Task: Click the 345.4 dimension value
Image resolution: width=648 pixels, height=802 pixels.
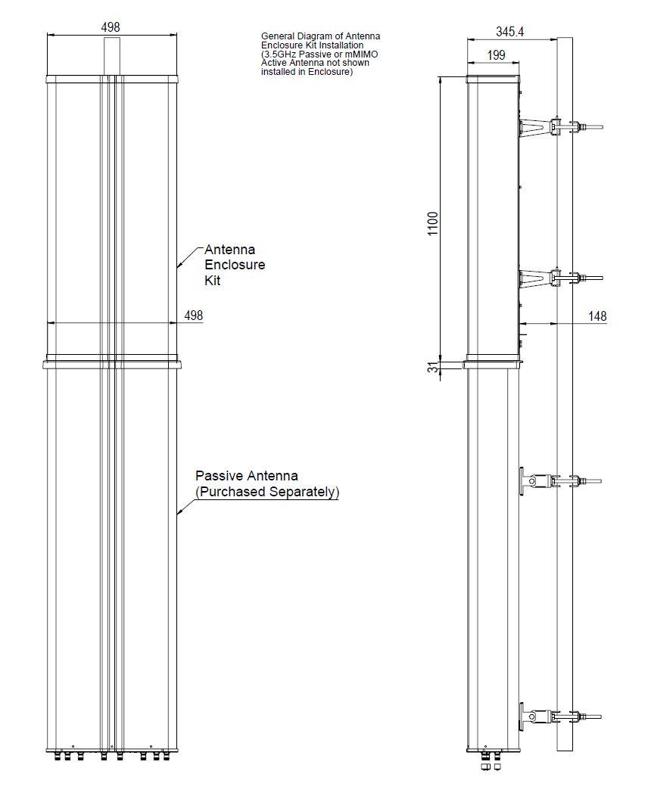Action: [510, 32]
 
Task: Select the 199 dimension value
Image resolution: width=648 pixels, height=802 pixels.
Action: [497, 55]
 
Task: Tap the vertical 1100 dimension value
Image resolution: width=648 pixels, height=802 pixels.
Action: [433, 223]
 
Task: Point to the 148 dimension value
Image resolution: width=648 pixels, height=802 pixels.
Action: [597, 316]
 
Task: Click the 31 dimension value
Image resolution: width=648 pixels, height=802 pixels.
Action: [433, 368]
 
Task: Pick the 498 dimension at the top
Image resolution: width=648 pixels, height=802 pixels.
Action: [111, 27]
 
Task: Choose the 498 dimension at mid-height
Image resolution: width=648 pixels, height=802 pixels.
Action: [194, 316]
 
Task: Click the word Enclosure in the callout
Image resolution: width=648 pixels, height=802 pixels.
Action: [235, 265]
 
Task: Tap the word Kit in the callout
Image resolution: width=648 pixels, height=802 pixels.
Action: [214, 281]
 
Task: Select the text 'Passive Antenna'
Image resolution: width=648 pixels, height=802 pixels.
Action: [247, 476]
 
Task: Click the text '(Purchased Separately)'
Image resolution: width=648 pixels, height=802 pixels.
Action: [267, 492]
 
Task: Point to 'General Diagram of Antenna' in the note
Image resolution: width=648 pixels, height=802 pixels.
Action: [320, 36]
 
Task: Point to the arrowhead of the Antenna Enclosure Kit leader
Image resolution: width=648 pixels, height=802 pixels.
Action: [179, 266]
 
